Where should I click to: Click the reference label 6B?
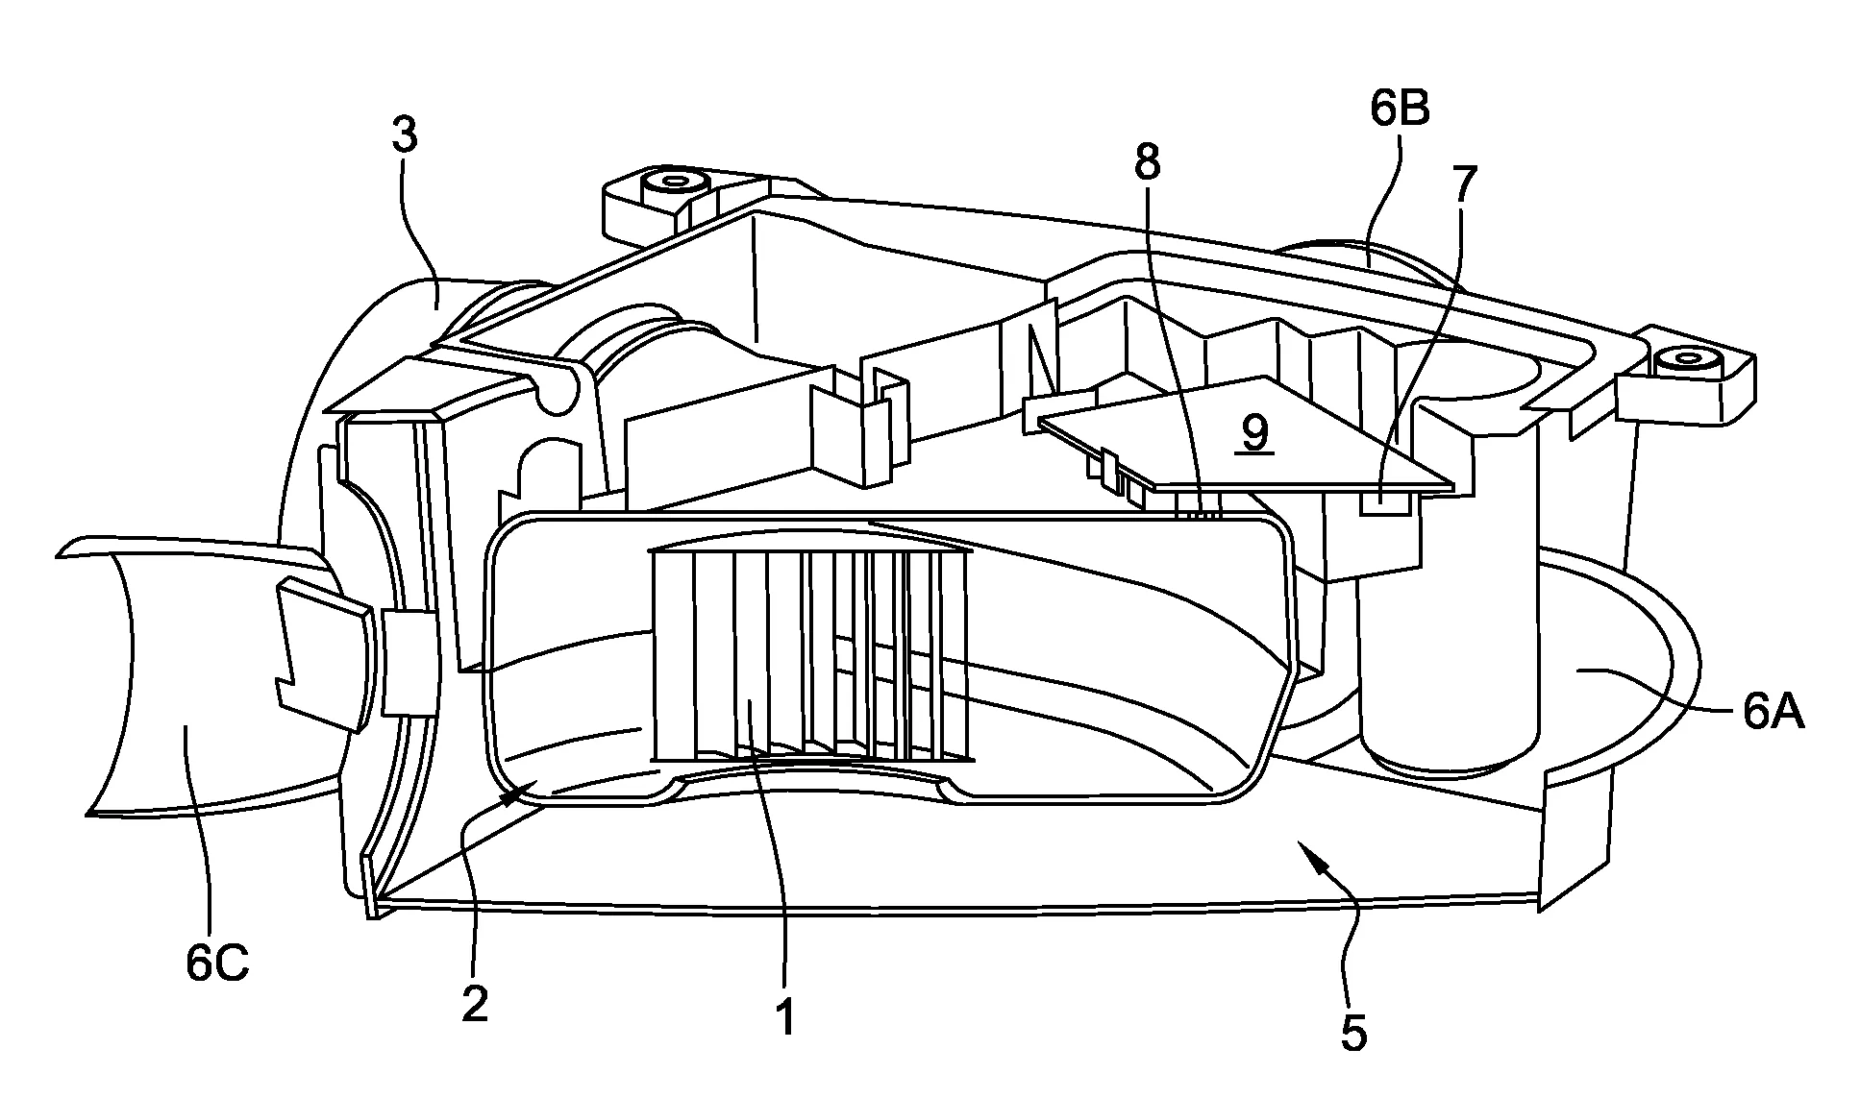point(1400,111)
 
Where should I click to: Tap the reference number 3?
point(405,136)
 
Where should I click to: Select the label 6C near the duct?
point(217,963)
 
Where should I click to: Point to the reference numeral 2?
point(474,1004)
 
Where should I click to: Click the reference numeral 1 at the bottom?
point(785,1016)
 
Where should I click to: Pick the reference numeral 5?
point(1352,1034)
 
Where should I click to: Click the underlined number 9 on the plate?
point(1254,435)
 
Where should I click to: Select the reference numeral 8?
point(1147,163)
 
